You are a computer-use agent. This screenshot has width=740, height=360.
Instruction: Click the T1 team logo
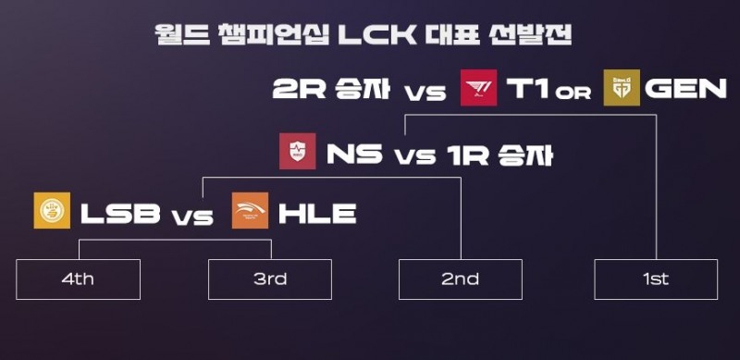click(478, 87)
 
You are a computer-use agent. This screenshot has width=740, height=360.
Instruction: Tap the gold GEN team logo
click(622, 87)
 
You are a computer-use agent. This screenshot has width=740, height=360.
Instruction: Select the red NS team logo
click(297, 151)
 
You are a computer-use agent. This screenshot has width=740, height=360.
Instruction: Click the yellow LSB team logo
click(52, 210)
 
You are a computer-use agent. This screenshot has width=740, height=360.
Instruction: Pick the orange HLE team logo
click(250, 210)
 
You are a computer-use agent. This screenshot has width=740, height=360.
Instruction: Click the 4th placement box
click(79, 279)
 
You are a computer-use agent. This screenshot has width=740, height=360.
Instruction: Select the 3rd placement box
click(270, 279)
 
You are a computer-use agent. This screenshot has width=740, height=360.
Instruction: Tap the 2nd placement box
click(461, 279)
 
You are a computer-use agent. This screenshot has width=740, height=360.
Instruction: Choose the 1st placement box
click(656, 279)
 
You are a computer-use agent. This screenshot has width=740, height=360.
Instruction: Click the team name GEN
click(685, 88)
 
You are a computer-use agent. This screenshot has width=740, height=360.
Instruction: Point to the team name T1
click(527, 88)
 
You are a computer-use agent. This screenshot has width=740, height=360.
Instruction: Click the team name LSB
click(120, 214)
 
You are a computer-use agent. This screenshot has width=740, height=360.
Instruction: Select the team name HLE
click(317, 214)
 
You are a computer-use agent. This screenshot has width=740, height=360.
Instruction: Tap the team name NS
click(354, 155)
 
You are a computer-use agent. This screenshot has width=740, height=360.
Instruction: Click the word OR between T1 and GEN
click(573, 93)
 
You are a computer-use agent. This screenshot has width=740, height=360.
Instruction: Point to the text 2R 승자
click(331, 88)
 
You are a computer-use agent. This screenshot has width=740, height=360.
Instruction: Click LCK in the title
click(376, 34)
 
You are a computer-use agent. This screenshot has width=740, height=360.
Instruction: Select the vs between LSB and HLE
click(192, 217)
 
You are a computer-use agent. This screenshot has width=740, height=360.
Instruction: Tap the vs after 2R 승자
click(425, 93)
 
